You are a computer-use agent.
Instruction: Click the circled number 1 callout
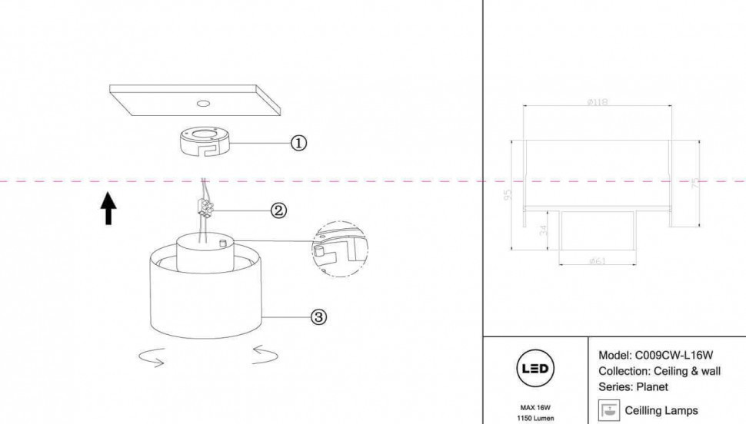point(298,143)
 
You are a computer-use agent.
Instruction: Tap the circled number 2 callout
point(278,210)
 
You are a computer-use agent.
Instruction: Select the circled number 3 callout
point(318,316)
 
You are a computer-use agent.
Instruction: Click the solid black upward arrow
point(108,208)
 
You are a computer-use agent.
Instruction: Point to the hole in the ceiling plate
point(203,102)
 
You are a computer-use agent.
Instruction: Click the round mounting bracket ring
point(204,142)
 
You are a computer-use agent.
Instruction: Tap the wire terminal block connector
point(205,207)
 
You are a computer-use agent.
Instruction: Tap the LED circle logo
point(535,369)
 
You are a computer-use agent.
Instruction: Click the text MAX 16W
point(535,408)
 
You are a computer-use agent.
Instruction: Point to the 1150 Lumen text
point(535,419)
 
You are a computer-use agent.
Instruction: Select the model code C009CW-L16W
point(673,356)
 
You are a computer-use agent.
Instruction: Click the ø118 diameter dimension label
point(597,102)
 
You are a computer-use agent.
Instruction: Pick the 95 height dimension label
point(508,196)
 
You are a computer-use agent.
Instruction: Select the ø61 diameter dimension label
point(598,261)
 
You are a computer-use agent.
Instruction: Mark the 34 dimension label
point(545,230)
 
